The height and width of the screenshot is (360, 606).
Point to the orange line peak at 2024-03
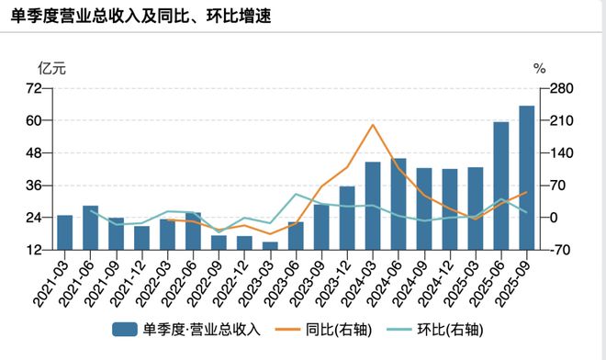373,125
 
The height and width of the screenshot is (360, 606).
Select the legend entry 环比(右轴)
443,329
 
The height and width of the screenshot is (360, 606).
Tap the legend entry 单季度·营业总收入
188,329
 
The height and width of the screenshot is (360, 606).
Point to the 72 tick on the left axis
36,88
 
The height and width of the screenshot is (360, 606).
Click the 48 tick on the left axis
36,153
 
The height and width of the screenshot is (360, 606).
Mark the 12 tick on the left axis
36,250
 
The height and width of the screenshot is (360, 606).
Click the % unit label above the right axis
540,69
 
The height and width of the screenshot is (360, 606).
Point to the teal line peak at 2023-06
296,194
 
